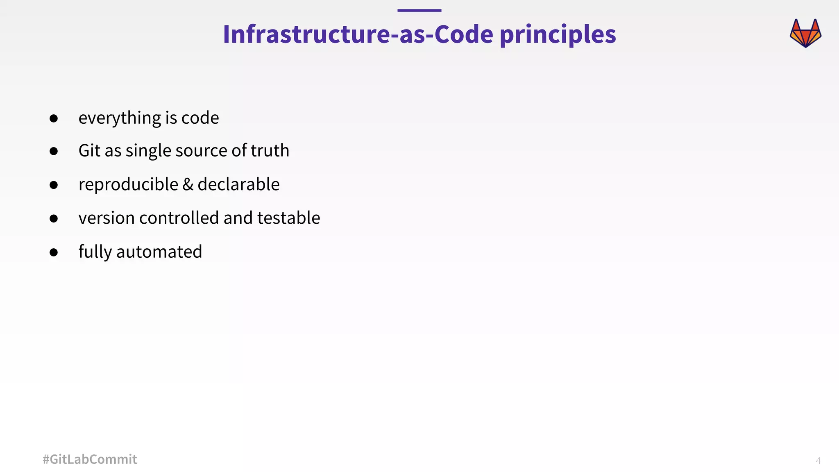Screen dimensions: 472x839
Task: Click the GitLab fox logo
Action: pos(805,33)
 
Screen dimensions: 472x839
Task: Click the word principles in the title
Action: pos(558,34)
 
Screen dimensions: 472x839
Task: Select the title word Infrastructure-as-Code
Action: pos(358,34)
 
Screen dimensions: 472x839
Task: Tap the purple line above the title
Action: pos(419,11)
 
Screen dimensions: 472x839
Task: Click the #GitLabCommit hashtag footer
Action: pos(90,459)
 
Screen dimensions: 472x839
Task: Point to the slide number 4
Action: pos(818,461)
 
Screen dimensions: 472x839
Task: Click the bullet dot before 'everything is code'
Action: pos(54,118)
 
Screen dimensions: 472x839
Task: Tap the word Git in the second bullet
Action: pos(89,150)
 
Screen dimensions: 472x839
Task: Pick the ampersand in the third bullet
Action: pos(188,184)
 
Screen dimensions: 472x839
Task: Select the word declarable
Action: pos(238,184)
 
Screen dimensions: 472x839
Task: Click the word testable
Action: pos(288,218)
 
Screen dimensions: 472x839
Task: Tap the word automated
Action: pos(159,252)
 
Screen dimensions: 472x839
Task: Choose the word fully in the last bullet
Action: pos(95,252)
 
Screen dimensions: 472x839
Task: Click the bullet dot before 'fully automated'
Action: pos(54,252)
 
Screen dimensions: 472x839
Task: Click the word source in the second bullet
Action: pos(201,151)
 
